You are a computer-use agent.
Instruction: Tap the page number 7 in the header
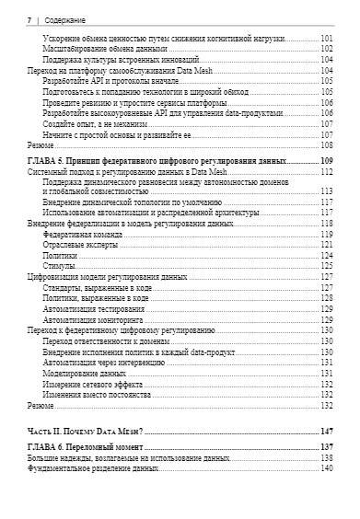[x=30, y=18]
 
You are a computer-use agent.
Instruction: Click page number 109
[x=326, y=161]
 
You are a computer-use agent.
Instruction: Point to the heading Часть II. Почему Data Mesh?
[x=86, y=431]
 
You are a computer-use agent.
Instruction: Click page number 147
[x=326, y=431]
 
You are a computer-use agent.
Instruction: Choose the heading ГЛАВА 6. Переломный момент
[x=87, y=447]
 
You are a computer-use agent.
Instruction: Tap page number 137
[x=326, y=447]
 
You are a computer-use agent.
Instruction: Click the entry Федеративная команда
[x=84, y=235]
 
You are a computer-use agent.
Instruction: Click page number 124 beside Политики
[x=326, y=256]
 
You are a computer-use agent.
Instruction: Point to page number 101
[x=326, y=38]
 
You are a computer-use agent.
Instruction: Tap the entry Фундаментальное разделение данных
[x=87, y=468]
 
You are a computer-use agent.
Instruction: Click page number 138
[x=326, y=457]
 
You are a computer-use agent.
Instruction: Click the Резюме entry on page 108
[x=41, y=145]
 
